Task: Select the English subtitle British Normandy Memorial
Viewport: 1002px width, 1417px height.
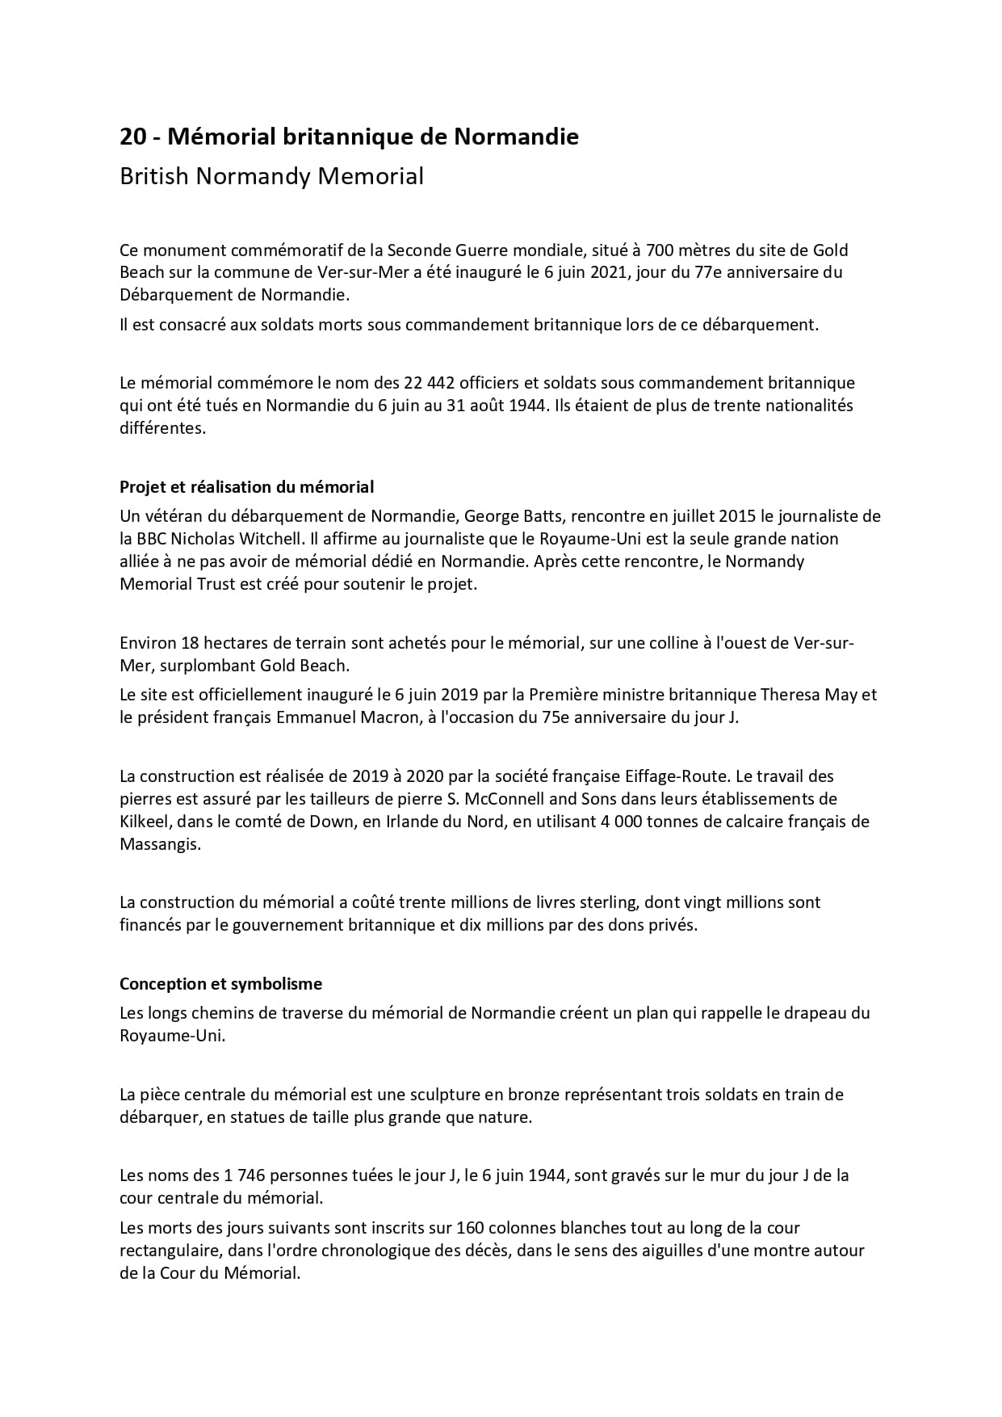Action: (271, 176)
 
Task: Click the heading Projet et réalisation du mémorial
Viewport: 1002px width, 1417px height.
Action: (246, 487)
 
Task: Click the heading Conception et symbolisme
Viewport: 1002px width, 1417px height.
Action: (220, 984)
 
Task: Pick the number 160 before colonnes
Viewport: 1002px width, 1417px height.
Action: (471, 1228)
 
